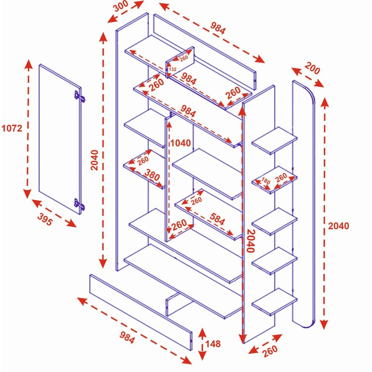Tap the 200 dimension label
(313, 69)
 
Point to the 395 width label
(45, 221)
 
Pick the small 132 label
(172, 69)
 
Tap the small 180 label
(266, 182)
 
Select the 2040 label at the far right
(338, 226)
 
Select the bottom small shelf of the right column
(274, 302)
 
